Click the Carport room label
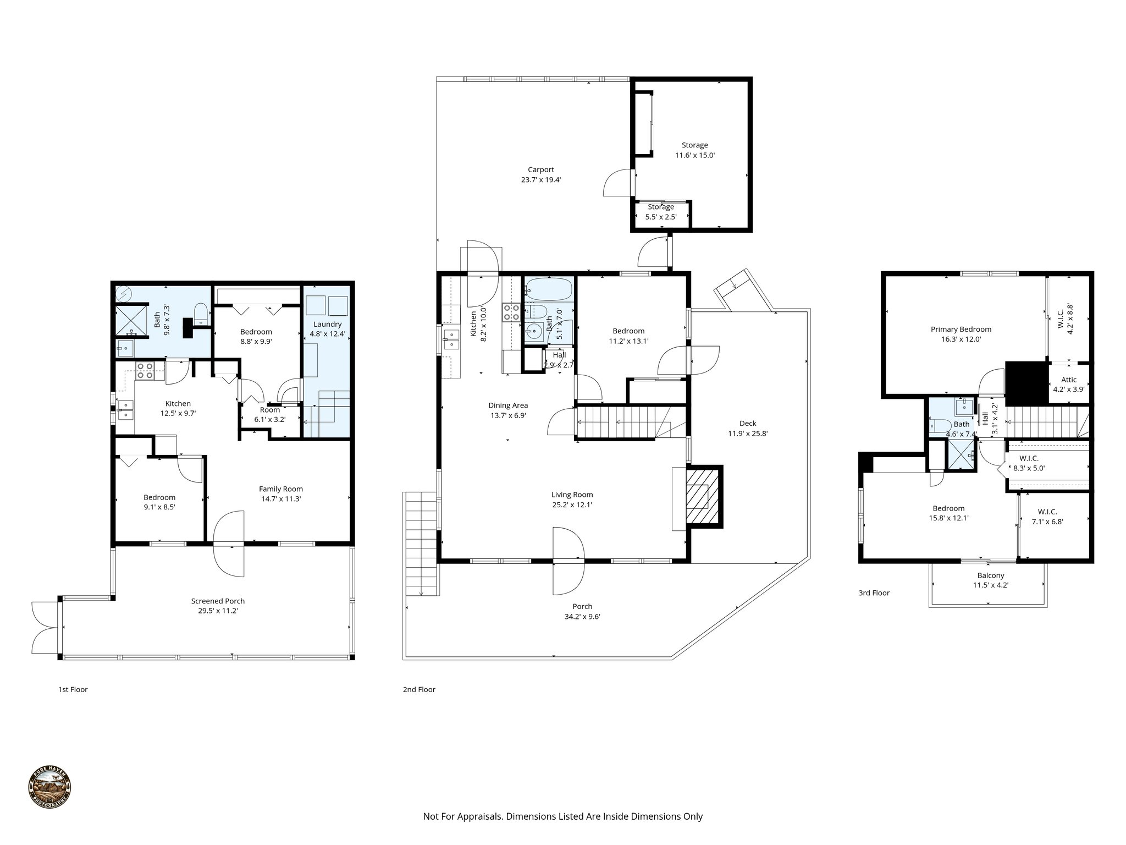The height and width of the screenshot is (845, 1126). point(540,170)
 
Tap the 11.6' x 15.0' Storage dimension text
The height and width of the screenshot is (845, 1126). point(694,156)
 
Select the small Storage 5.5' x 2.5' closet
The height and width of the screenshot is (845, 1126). point(660,212)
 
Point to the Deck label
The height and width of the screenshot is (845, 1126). point(747,424)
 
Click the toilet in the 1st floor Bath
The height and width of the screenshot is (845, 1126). point(201,313)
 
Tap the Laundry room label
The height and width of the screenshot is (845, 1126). point(327,325)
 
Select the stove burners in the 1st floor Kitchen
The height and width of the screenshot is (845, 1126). point(145,371)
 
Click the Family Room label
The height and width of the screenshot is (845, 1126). point(281,489)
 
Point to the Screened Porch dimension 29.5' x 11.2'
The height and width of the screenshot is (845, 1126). point(218,611)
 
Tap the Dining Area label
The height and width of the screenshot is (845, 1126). point(507,406)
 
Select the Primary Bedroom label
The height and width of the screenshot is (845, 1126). point(961,330)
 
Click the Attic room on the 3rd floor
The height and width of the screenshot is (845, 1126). point(1068,384)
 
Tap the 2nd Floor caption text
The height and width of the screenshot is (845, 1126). point(419,689)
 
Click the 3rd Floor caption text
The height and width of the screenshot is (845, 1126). point(874,593)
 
